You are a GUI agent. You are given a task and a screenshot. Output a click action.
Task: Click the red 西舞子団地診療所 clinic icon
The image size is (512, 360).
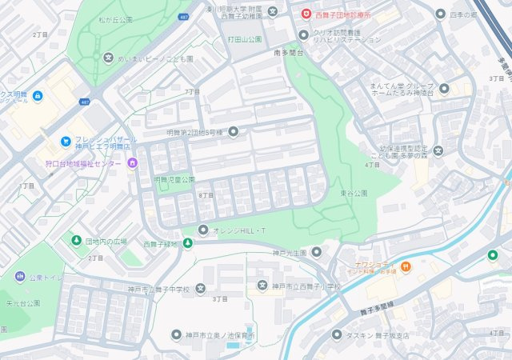pos(306,13)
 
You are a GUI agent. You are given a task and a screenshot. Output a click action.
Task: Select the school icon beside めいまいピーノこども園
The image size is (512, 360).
pos(109,58)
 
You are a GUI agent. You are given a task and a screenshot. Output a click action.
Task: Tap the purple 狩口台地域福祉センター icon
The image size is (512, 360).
pos(132,164)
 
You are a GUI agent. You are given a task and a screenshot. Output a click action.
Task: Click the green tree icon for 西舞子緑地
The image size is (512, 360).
pos(188,243)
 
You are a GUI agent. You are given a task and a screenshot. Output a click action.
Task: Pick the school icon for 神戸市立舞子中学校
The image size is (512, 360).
pos(200,288)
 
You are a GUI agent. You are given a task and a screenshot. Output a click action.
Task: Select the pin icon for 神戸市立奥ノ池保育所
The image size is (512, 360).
pos(176,334)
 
